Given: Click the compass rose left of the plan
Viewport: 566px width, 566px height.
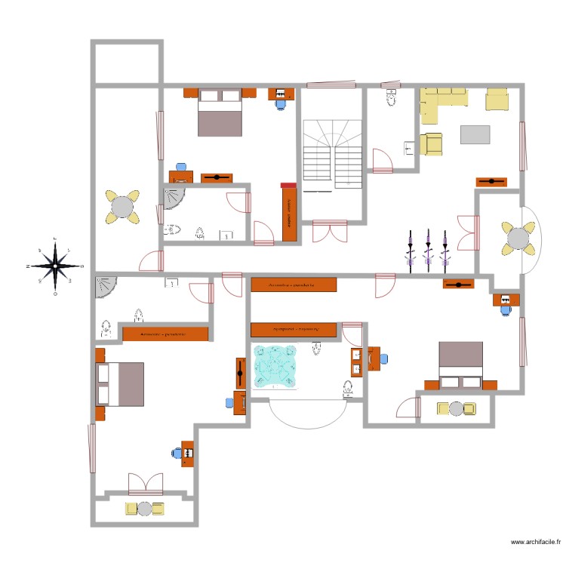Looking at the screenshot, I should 55,266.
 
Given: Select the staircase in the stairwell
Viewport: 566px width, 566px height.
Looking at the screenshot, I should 333,155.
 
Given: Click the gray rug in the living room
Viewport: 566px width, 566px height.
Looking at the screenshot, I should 475,134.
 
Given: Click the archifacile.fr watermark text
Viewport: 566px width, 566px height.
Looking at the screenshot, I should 535,541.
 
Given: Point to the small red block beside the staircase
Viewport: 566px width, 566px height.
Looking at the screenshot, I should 287,185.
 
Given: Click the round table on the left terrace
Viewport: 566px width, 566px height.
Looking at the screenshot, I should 122,206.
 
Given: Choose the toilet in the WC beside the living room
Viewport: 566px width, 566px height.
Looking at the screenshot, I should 391,97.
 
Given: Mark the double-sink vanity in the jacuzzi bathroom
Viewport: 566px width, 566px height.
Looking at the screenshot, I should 356,362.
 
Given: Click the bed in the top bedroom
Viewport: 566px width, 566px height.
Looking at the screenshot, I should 220,112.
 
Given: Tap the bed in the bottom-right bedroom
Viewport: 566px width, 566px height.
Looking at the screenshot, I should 460,362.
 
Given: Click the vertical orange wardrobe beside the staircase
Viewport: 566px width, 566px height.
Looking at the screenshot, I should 289,214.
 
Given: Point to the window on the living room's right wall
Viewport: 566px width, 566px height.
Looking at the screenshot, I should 521,146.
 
